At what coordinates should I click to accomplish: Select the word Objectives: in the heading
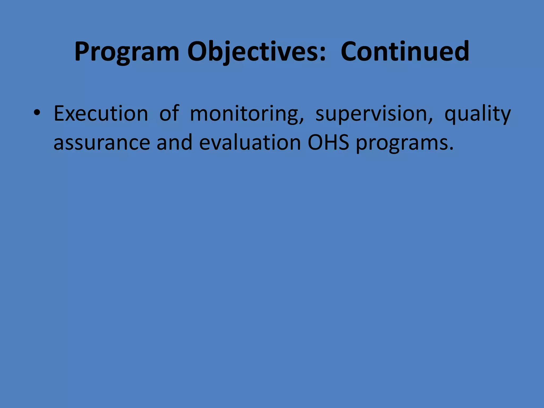coord(256,52)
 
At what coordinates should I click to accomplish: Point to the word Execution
coord(101,114)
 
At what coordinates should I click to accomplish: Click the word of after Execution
coord(169,114)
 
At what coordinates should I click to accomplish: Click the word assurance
coord(102,143)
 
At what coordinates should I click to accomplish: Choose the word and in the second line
coord(174,142)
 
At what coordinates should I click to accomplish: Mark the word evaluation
coord(250,142)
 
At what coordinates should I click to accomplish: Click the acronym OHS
coord(328,142)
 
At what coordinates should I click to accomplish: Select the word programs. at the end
coord(404,143)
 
